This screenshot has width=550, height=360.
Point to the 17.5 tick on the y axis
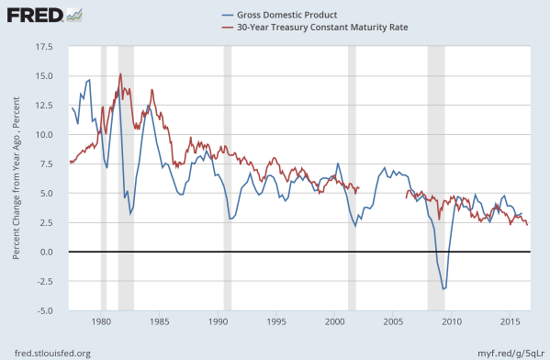(x=43, y=45)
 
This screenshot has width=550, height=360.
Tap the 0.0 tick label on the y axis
(x=46, y=252)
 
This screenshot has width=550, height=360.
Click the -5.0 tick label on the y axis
(x=44, y=310)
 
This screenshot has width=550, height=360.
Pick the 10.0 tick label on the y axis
(x=43, y=134)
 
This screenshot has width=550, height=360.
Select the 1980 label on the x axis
(x=101, y=322)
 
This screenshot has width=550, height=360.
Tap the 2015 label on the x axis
(x=510, y=322)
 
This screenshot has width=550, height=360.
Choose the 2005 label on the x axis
(x=393, y=322)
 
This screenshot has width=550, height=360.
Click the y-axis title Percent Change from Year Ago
(x=17, y=178)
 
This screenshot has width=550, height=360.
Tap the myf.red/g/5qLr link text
(x=504, y=352)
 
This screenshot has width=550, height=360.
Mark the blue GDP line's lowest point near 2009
(x=444, y=288)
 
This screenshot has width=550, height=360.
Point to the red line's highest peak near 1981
(x=120, y=74)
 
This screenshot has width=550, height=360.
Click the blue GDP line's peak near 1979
(x=89, y=80)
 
